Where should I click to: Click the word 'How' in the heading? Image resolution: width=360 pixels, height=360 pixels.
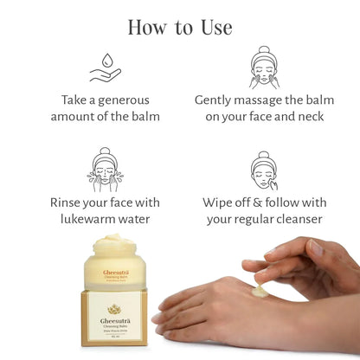pos(147,26)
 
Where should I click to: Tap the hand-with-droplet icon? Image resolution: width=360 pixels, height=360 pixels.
pos(105,69)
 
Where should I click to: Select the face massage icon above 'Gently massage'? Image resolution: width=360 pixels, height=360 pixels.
pos(264,67)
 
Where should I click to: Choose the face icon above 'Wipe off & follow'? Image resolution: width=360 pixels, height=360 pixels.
pos(264,170)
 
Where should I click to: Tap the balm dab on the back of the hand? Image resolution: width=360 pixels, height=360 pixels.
pos(260,292)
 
